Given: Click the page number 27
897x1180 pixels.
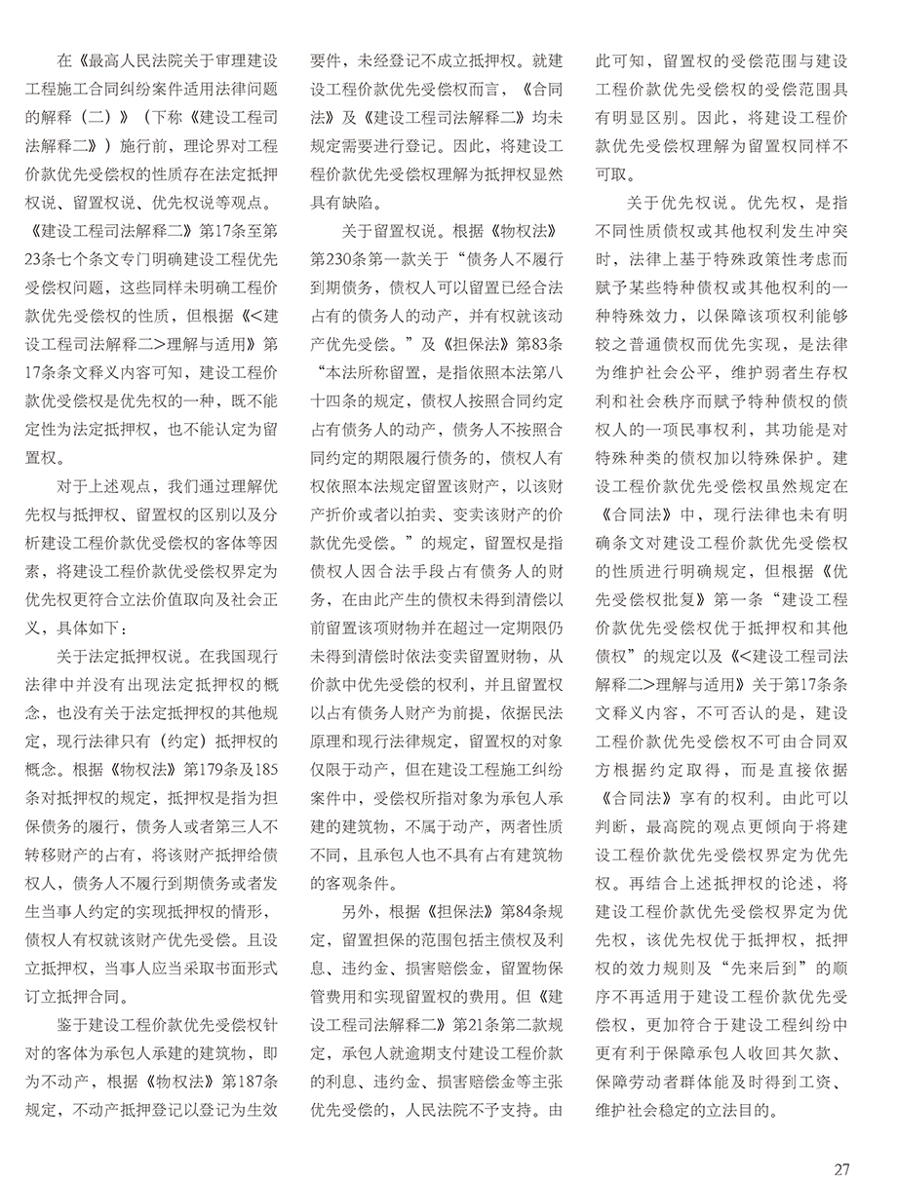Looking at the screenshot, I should [844, 1141].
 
